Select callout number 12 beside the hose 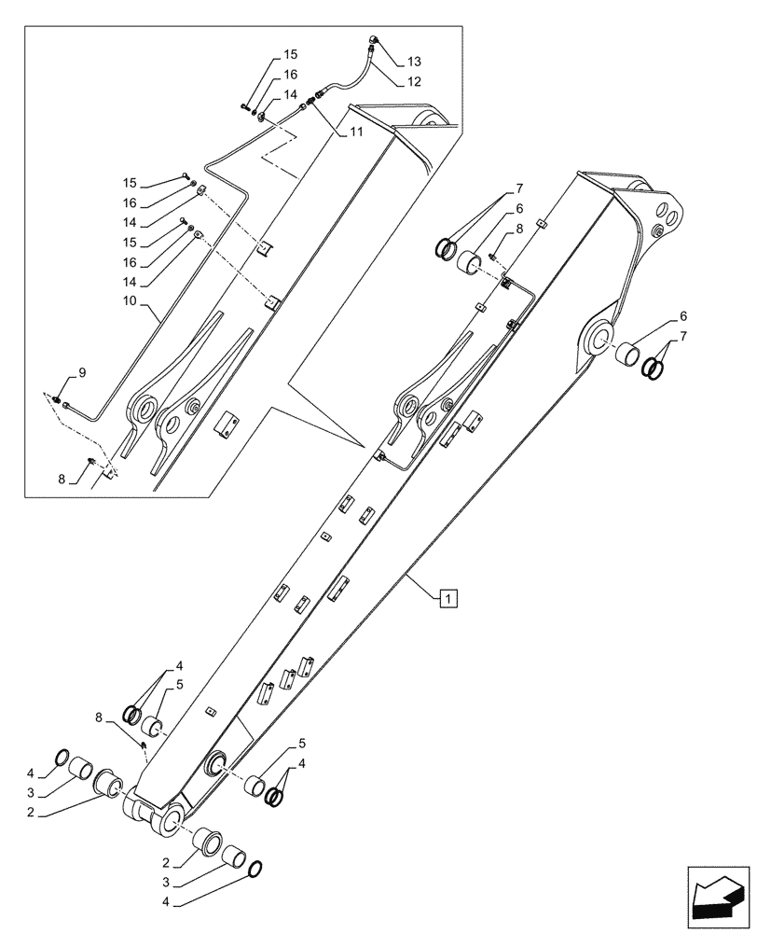413,81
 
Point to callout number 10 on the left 130,302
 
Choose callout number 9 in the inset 82,372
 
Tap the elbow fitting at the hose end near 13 373,40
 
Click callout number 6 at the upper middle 519,209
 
